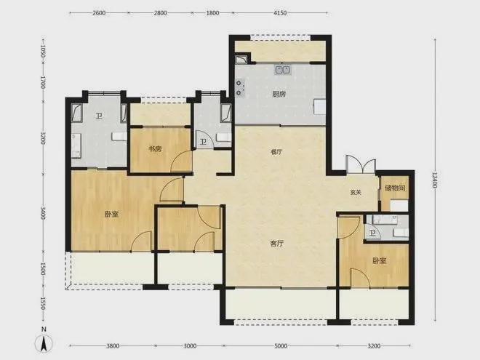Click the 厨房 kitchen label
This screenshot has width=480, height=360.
click(x=279, y=94)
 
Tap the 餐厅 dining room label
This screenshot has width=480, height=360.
click(x=276, y=152)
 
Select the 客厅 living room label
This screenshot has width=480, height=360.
click(x=277, y=244)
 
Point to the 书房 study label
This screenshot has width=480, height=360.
click(x=155, y=149)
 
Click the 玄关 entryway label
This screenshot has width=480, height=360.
click(x=356, y=193)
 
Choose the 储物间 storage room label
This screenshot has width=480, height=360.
click(x=395, y=188)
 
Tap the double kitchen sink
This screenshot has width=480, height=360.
click(x=283, y=70)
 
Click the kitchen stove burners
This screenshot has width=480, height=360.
click(x=239, y=87)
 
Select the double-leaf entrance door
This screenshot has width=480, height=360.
click(x=361, y=164)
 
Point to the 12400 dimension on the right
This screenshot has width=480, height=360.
click(x=435, y=180)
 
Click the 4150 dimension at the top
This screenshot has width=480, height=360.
click(x=280, y=13)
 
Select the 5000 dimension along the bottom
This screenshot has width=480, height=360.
click(x=281, y=346)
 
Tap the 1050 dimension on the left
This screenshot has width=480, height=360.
click(x=43, y=52)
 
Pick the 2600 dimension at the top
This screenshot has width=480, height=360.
click(x=99, y=13)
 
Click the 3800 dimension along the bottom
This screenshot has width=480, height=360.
click(x=113, y=346)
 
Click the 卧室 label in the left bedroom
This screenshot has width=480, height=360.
click(x=111, y=215)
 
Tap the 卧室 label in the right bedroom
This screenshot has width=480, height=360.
click(x=380, y=261)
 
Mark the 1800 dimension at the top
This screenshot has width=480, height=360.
click(x=213, y=13)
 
